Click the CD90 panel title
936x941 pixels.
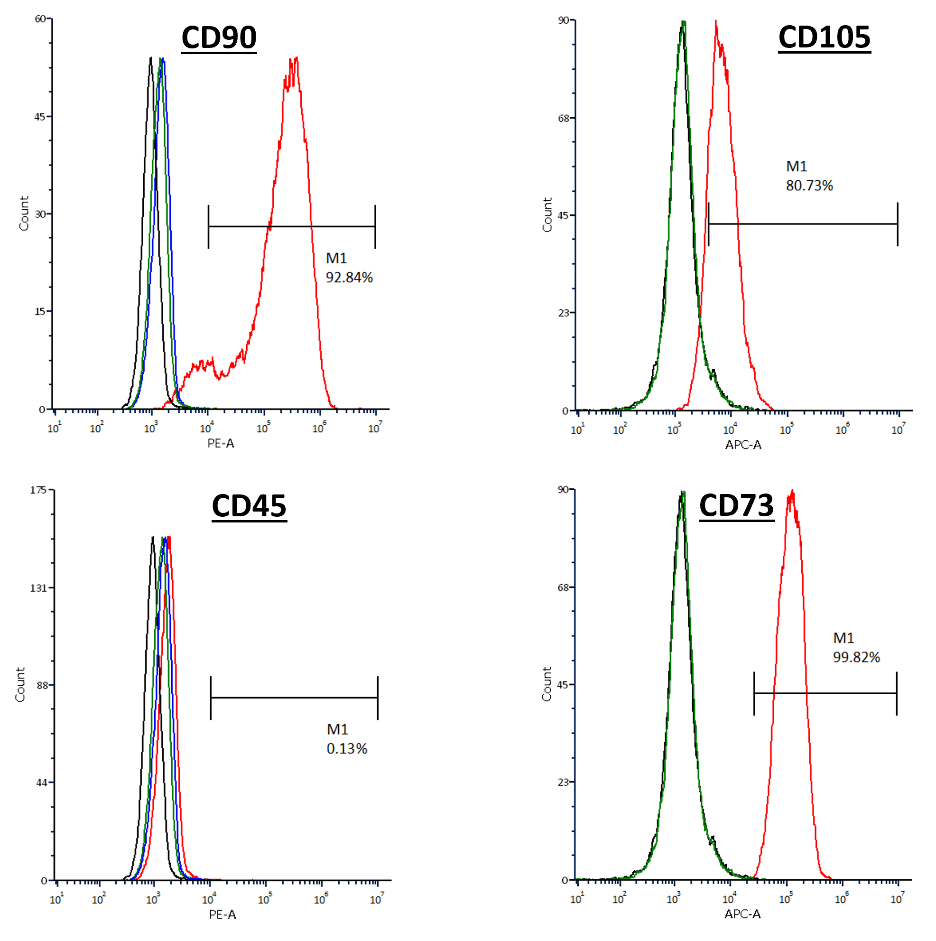click(x=219, y=37)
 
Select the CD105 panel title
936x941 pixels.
click(x=824, y=37)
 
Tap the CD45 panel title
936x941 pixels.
click(x=249, y=506)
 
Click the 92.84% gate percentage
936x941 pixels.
click(x=349, y=278)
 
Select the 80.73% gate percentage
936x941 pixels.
click(x=809, y=186)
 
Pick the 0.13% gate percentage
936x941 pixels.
click(x=347, y=749)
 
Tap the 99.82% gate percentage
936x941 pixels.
click(x=856, y=658)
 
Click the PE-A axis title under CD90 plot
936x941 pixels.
click(x=221, y=443)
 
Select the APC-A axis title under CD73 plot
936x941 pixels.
click(x=742, y=914)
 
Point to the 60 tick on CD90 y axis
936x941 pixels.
click(x=40, y=19)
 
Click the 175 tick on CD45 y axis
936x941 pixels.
click(x=38, y=490)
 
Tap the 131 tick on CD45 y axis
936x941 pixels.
click(x=38, y=588)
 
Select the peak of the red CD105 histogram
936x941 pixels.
click(x=716, y=22)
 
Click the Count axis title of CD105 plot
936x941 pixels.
click(x=547, y=215)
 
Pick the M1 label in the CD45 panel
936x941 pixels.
click(x=337, y=730)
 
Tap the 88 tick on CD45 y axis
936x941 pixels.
click(x=40, y=685)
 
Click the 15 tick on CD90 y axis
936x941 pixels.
click(x=40, y=312)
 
